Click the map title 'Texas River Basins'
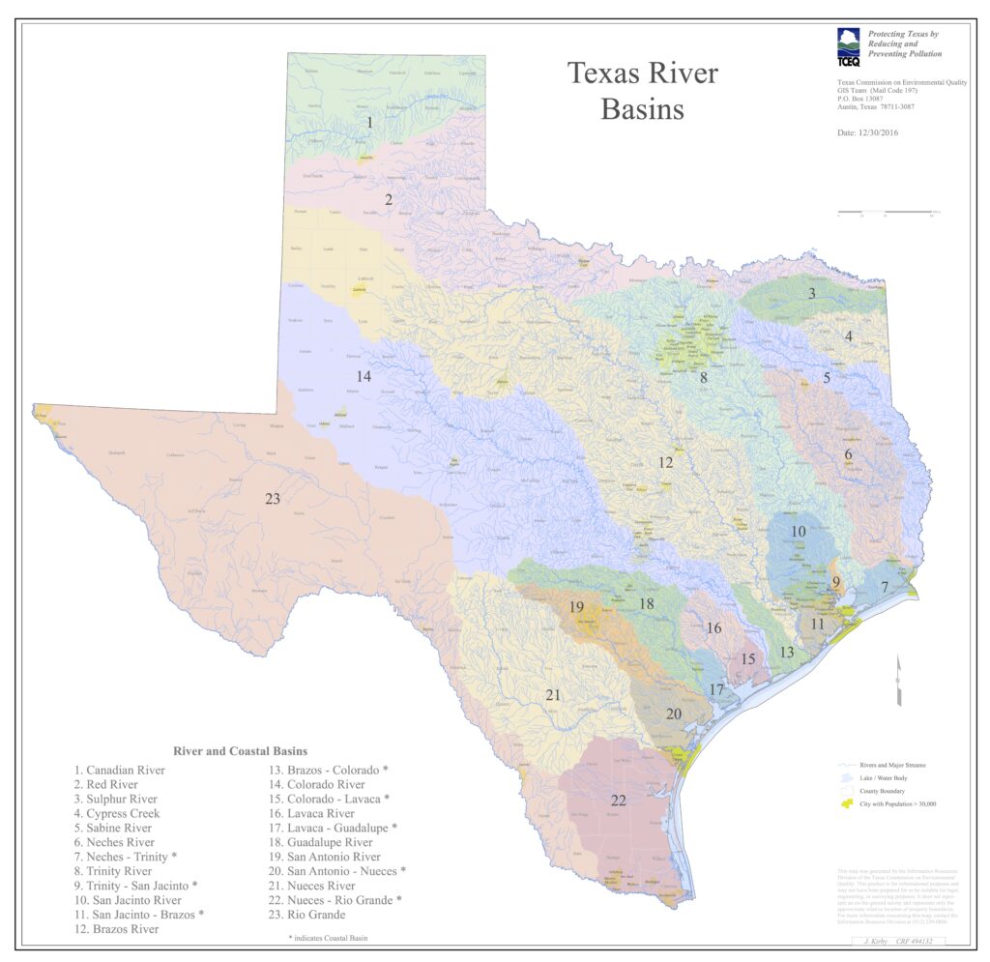coord(642,91)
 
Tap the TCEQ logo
coord(847,44)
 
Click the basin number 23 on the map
coord(273,499)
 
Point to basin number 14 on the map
coord(364,376)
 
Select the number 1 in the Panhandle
coord(369,123)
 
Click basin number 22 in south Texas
coord(619,800)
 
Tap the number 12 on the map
coord(665,462)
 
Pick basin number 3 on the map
coord(812,293)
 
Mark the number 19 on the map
coord(576,607)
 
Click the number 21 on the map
coord(553,694)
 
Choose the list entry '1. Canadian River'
coord(120,770)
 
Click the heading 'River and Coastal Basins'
coord(240,750)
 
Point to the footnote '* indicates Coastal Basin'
coord(328,938)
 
